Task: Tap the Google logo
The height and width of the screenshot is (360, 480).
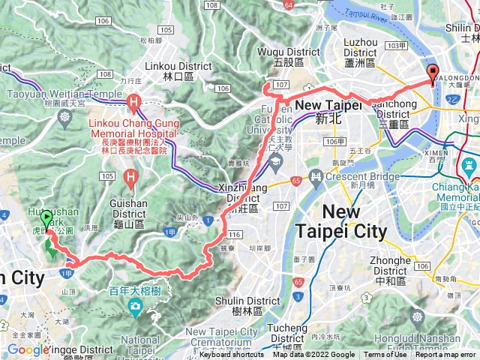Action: tap(28, 349)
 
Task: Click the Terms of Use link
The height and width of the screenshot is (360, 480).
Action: tap(385, 355)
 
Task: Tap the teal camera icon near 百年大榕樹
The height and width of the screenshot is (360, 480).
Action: tap(134, 305)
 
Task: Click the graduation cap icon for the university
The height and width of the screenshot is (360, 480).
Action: tap(274, 160)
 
